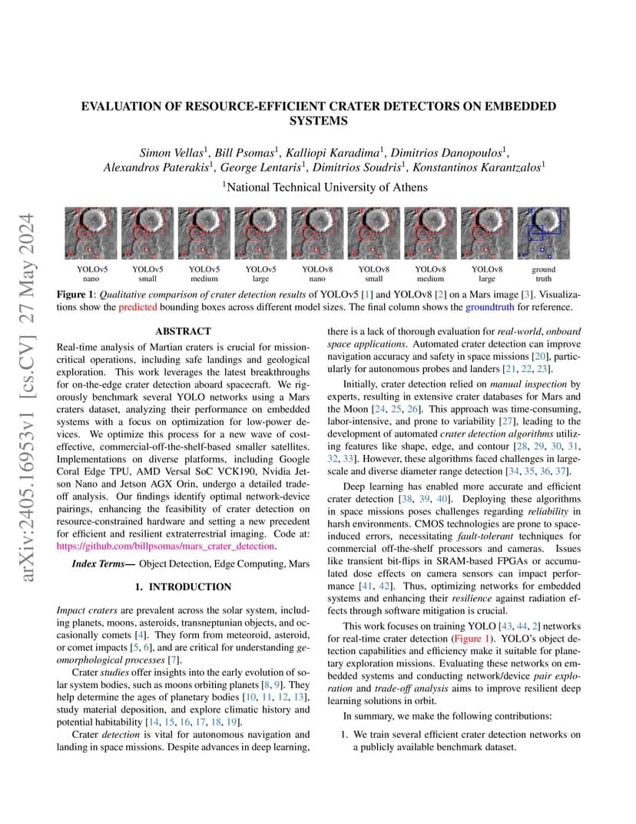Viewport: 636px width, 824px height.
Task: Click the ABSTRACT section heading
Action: pyautogui.click(x=183, y=331)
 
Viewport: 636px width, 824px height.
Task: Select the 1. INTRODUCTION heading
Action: pyautogui.click(x=183, y=587)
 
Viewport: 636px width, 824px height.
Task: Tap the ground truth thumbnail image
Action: pyautogui.click(x=543, y=233)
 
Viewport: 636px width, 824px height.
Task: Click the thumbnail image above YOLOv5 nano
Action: pyautogui.click(x=91, y=233)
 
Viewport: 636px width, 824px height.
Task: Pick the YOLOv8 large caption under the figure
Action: pyautogui.click(x=487, y=274)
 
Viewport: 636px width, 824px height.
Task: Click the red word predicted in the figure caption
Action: pyautogui.click(x=137, y=307)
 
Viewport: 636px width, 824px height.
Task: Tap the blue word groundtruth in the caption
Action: pyautogui.click(x=489, y=307)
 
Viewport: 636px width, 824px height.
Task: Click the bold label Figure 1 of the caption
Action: pyautogui.click(x=78, y=294)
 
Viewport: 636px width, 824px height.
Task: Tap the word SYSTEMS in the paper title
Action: pyautogui.click(x=318, y=121)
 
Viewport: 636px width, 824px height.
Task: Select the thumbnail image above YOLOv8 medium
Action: pyautogui.click(x=430, y=233)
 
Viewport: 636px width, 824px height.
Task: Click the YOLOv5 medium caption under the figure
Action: pyautogui.click(x=204, y=274)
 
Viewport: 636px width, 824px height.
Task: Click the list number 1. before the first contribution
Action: pyautogui.click(x=346, y=734)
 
